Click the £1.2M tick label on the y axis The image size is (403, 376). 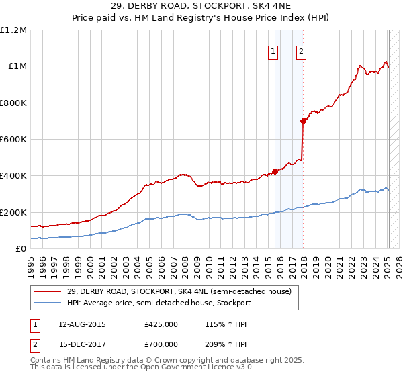pos(13,30)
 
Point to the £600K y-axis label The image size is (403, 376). pos(13,139)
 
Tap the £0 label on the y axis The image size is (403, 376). pos(21,248)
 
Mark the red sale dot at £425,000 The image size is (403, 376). pos(275,171)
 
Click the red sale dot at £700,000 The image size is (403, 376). pos(303,121)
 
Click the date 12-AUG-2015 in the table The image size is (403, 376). pos(83,324)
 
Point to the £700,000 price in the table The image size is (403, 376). pos(161,344)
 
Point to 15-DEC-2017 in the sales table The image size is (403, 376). pos(83,344)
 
